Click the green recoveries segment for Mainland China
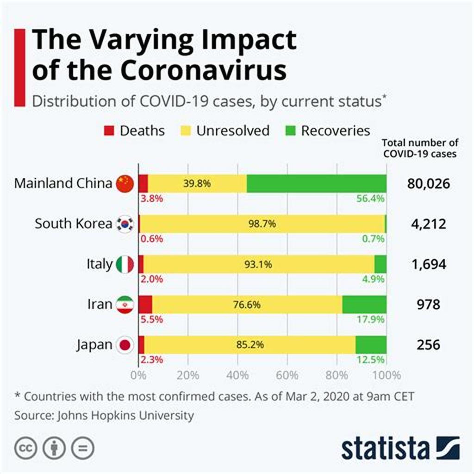pos(317,183)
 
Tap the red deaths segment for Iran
pos(145,304)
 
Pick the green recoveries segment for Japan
pos(371,345)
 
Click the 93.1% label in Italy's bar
pos(258,264)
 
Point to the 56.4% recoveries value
pos(371,199)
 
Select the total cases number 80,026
pos(428,184)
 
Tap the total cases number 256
pos(428,345)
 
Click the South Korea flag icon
pos(125,224)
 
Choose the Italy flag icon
pos(125,264)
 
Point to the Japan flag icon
pos(125,345)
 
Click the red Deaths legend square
pos(109,131)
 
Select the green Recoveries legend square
pos(290,131)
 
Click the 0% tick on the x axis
pos(138,374)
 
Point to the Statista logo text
pos(385,449)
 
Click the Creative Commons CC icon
pos(25,448)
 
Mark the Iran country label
pos(100,305)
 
